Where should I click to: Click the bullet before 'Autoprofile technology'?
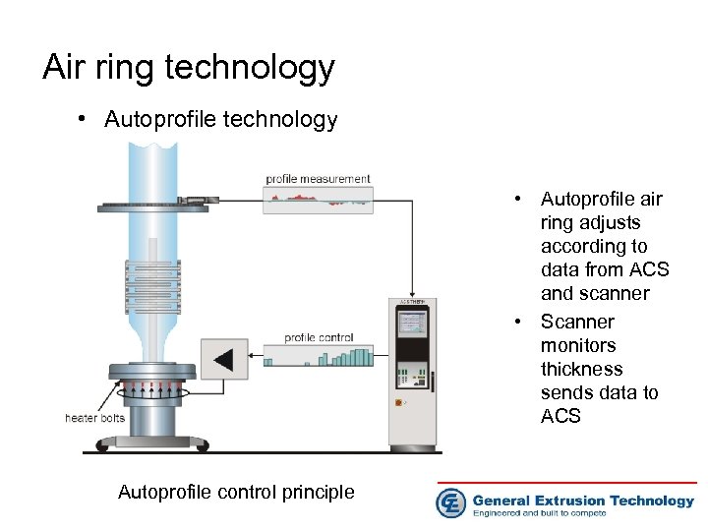[x=87, y=120]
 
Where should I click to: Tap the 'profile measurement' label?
[x=318, y=179]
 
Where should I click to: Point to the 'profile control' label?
[x=318, y=338]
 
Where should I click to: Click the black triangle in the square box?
[x=224, y=359]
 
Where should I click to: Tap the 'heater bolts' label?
[x=94, y=418]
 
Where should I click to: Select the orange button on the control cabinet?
[x=398, y=402]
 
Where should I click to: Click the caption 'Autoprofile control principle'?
[x=236, y=492]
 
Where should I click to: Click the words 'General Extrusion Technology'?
[x=583, y=500]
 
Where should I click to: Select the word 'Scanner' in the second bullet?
[x=577, y=322]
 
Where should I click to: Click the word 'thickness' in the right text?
[x=581, y=369]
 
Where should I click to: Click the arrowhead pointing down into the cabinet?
[x=411, y=295]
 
